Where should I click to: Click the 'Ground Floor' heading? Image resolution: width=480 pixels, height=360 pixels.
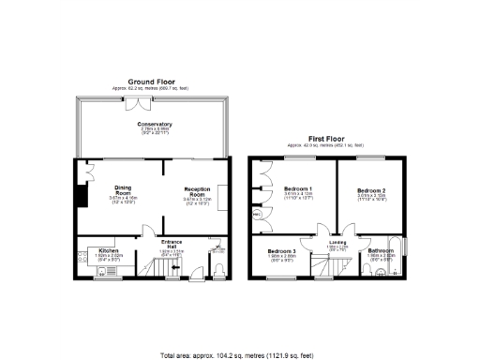[154, 83]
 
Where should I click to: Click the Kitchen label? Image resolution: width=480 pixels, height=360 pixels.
[110, 251]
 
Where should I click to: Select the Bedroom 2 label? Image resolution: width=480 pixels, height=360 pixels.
[371, 191]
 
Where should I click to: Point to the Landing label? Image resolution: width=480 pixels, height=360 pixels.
[337, 242]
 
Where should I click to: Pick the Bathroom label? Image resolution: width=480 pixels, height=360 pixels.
[381, 251]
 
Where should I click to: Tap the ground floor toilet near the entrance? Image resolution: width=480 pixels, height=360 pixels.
[217, 271]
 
